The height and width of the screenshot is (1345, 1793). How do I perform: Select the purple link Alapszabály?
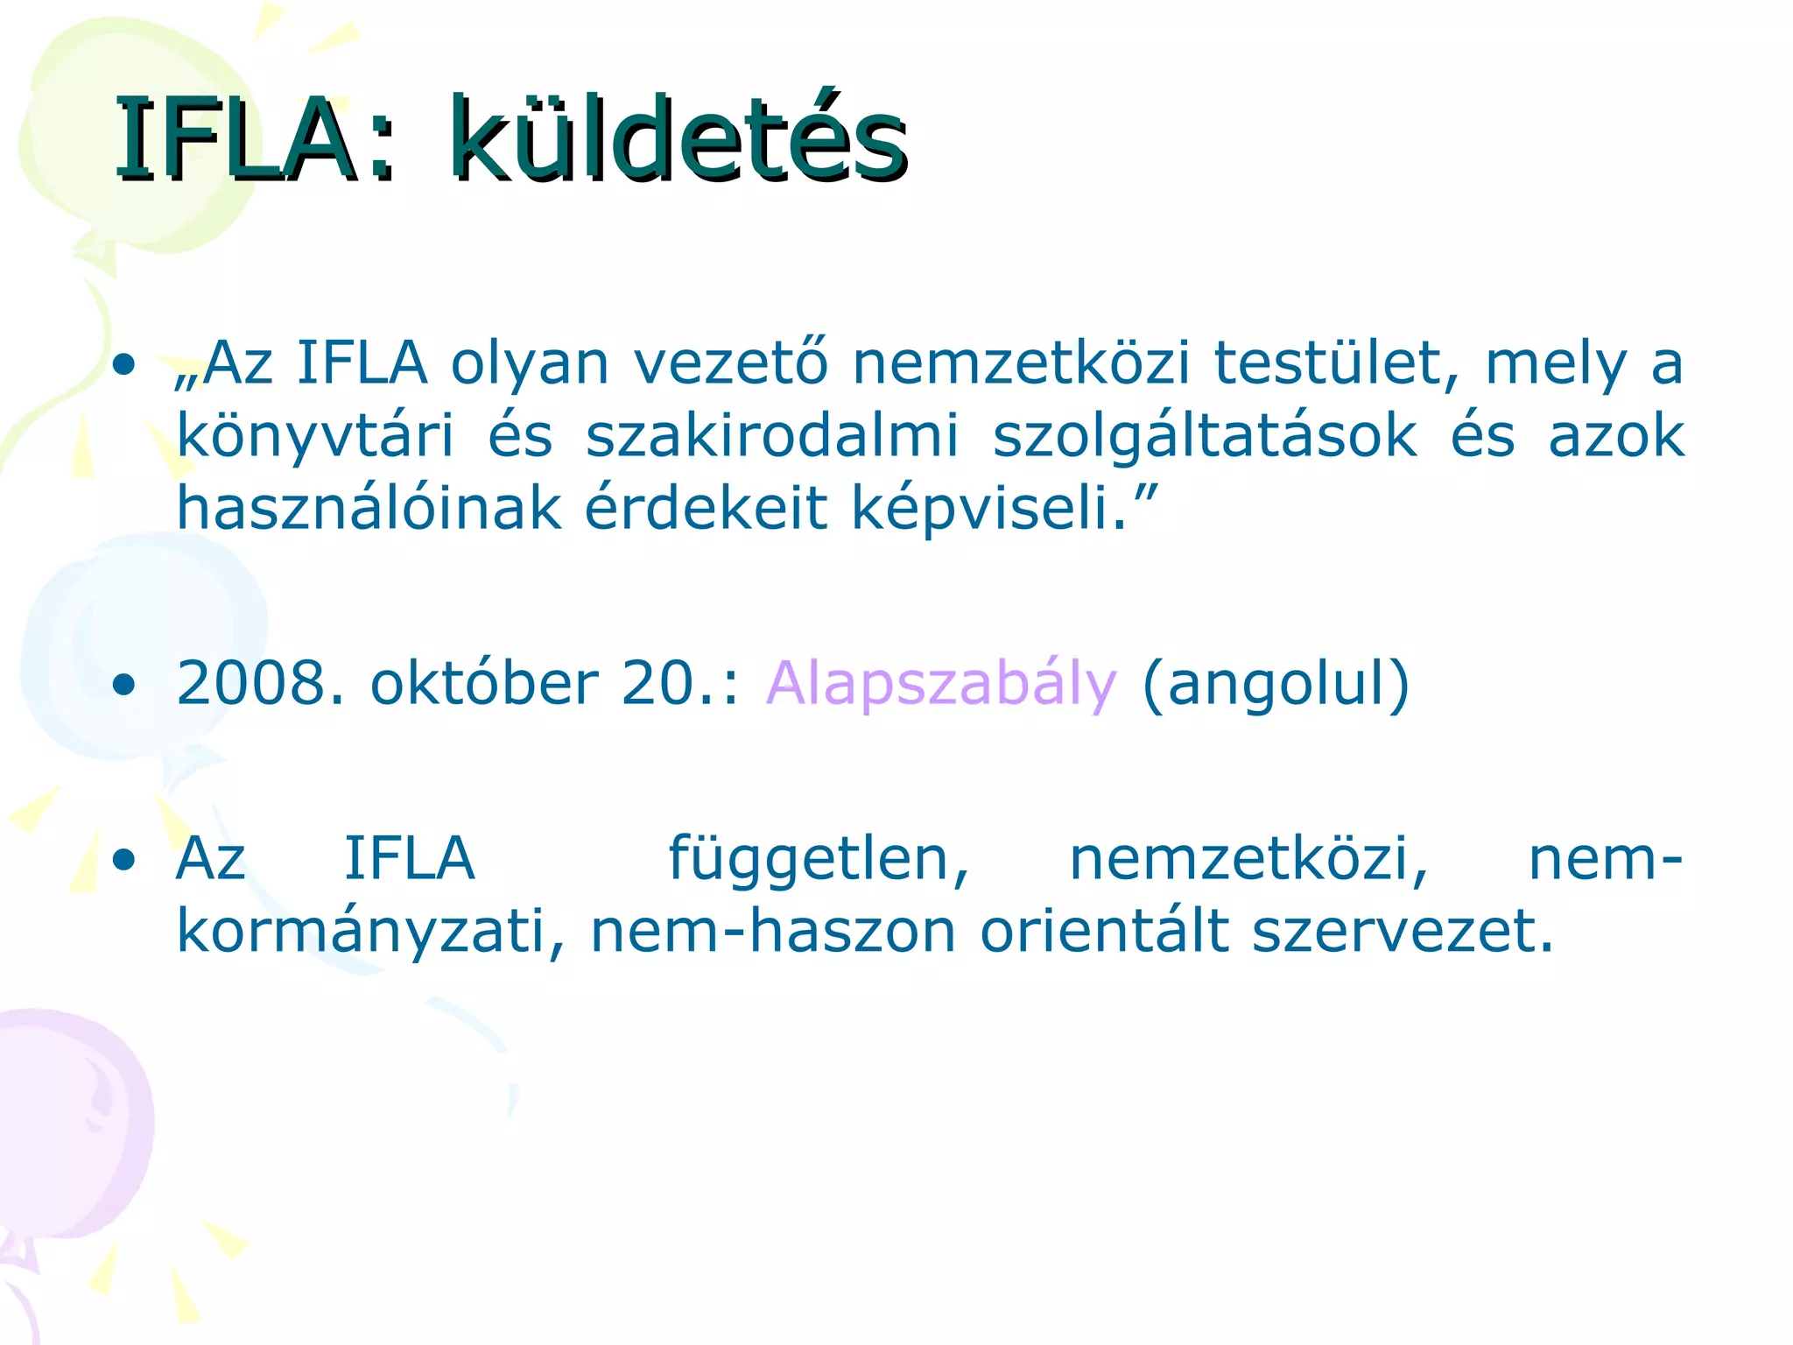click(941, 683)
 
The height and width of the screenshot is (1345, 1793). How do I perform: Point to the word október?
click(485, 683)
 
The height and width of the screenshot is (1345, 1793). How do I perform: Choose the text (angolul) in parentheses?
click(1276, 683)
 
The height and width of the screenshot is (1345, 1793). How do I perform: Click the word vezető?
click(730, 363)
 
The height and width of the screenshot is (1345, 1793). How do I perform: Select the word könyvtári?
click(315, 436)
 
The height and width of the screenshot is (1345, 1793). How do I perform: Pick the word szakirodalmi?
click(772, 436)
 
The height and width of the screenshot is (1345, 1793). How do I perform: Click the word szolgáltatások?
click(1205, 436)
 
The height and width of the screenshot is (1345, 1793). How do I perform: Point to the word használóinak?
click(369, 508)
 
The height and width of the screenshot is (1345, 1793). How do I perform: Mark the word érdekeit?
click(706, 508)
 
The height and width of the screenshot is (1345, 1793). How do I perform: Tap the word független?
click(818, 860)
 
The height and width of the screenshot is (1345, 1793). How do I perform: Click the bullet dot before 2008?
click(124, 685)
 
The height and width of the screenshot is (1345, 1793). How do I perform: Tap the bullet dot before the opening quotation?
click(124, 364)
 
